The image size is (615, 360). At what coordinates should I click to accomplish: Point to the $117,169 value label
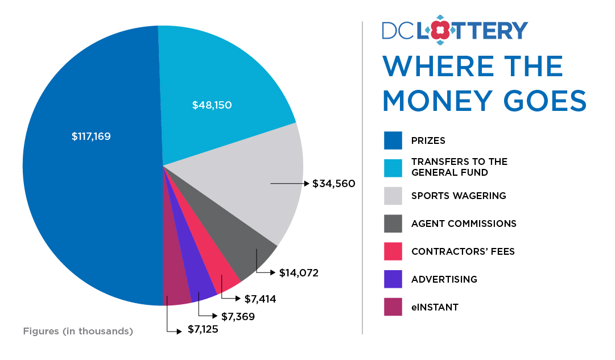coord(91,136)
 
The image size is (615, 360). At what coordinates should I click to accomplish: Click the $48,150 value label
coord(212,105)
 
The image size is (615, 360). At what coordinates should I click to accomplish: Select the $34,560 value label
coord(334,184)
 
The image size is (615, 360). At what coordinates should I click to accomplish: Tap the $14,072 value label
coord(299,273)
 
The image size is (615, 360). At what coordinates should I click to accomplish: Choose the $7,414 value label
coord(260,299)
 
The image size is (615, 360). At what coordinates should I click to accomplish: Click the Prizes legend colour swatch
coord(393,140)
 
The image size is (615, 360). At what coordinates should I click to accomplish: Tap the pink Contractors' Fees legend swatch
coord(393,251)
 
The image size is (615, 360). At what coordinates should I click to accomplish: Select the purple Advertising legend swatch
coord(393,279)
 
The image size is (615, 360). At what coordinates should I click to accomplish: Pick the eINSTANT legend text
coord(435,307)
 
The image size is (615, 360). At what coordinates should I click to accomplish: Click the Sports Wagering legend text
coord(459,196)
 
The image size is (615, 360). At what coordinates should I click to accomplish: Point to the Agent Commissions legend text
coord(464,224)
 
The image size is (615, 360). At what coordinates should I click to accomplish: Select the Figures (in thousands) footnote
coord(78,331)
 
